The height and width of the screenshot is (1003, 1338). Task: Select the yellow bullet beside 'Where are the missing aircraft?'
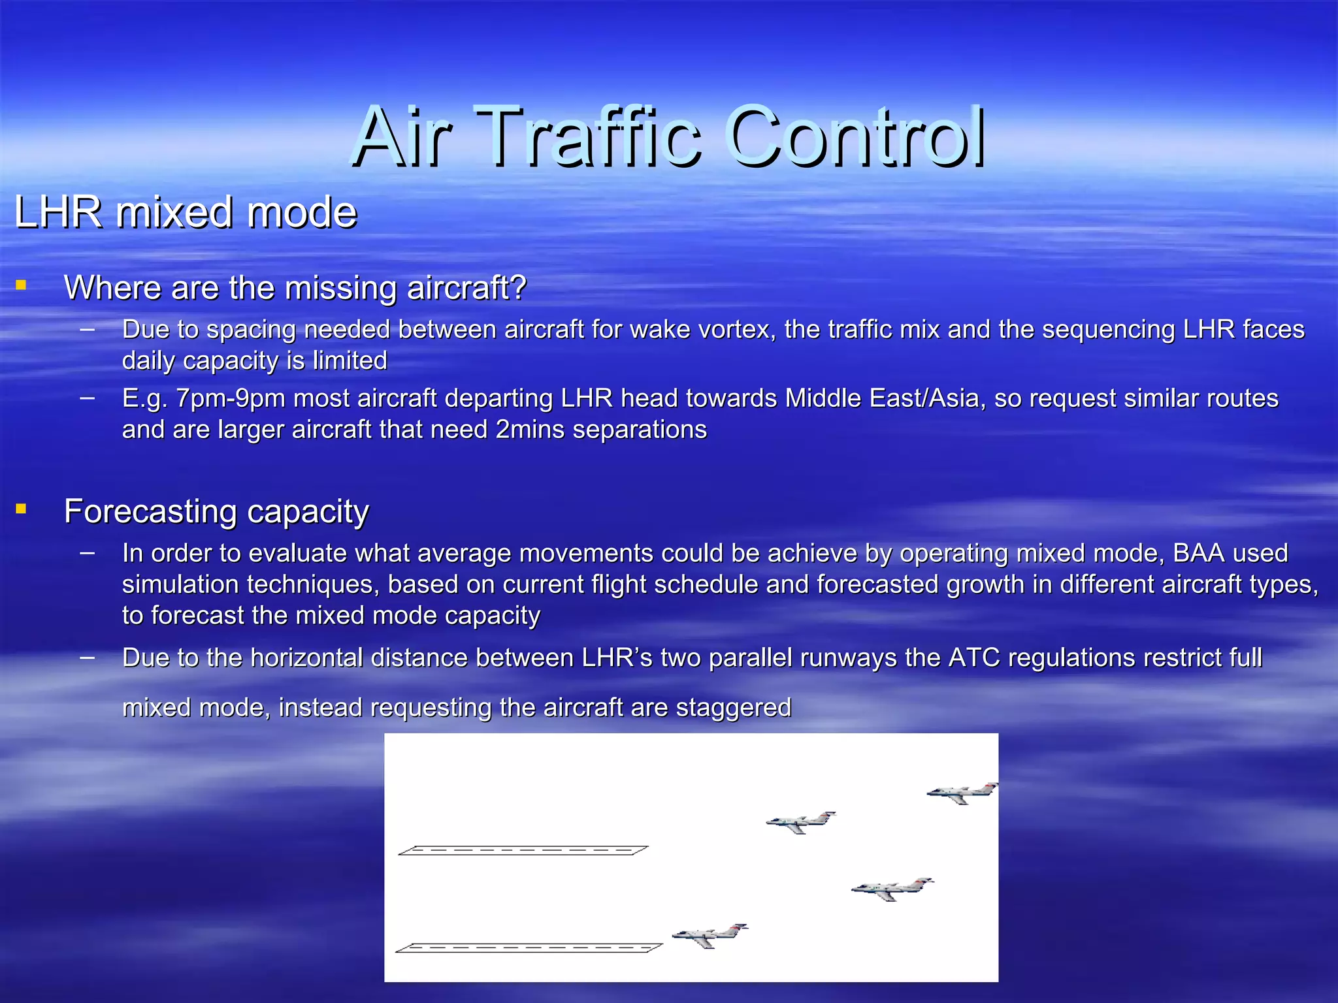pyautogui.click(x=21, y=285)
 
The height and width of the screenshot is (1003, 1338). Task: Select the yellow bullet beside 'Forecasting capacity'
pyautogui.click(x=21, y=509)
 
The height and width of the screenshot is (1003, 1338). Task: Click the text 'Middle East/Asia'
pyautogui.click(x=885, y=398)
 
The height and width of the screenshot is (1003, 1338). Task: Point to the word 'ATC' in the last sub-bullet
pyautogui.click(x=973, y=658)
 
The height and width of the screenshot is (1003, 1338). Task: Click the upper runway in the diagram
pyautogui.click(x=523, y=850)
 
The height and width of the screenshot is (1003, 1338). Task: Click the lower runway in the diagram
pyautogui.click(x=529, y=947)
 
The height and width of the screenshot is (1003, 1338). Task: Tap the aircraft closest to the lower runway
pyautogui.click(x=709, y=935)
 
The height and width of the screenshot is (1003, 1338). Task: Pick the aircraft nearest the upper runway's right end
pyautogui.click(x=800, y=822)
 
